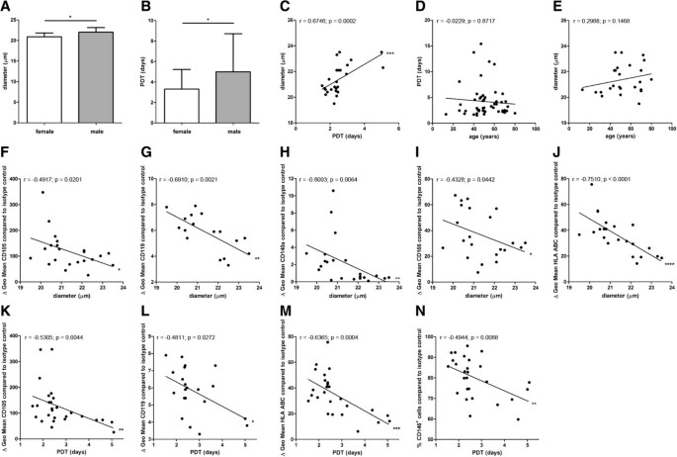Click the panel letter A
7,9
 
